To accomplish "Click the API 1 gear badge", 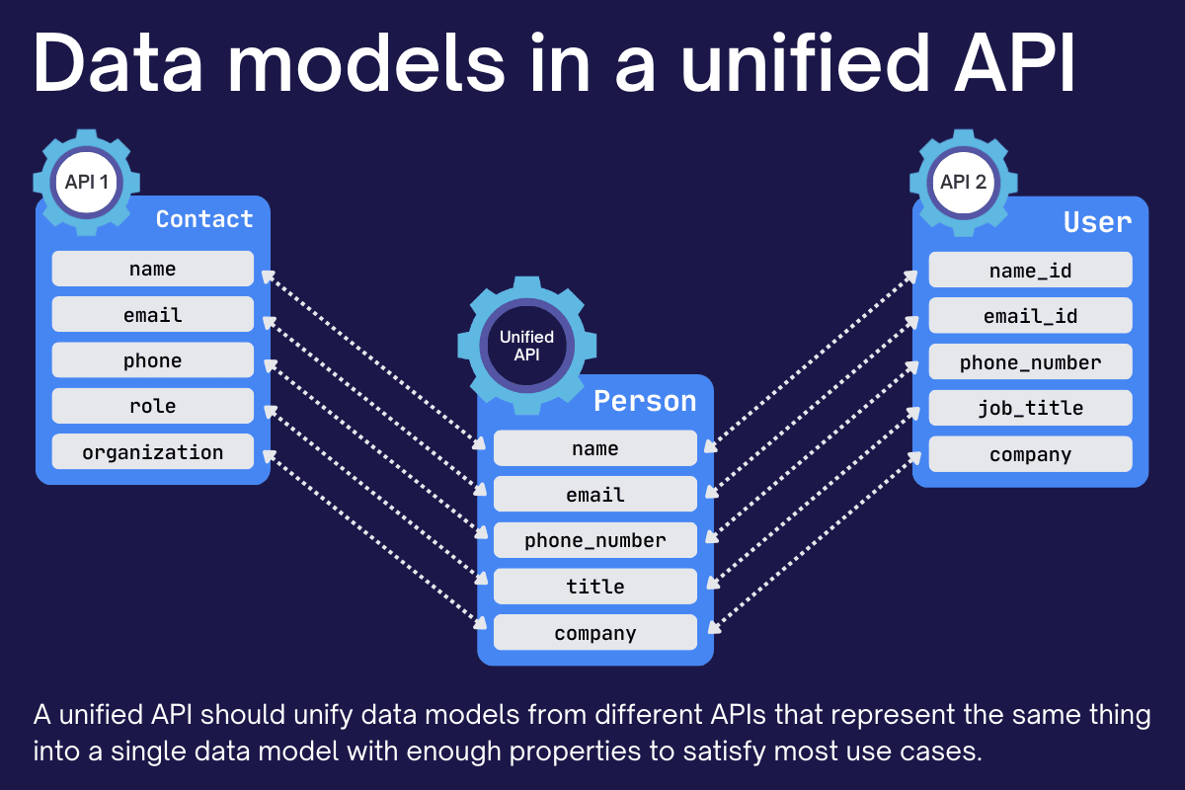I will click(86, 183).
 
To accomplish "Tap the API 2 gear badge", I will click(963, 183).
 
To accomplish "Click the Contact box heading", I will click(204, 219).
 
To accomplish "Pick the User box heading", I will click(1097, 222).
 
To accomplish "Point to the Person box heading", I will click(645, 401).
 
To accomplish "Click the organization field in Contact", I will click(153, 452).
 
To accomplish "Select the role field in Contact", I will click(153, 406).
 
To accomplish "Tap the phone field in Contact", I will click(153, 360).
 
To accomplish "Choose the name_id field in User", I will click(1030, 271).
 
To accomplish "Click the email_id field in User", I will click(1030, 316).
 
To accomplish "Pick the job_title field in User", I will click(1030, 408).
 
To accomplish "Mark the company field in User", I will click(1030, 454).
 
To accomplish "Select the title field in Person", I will click(595, 587).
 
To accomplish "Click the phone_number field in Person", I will click(595, 540).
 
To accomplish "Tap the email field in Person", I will click(595, 494).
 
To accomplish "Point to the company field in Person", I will click(595, 633).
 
